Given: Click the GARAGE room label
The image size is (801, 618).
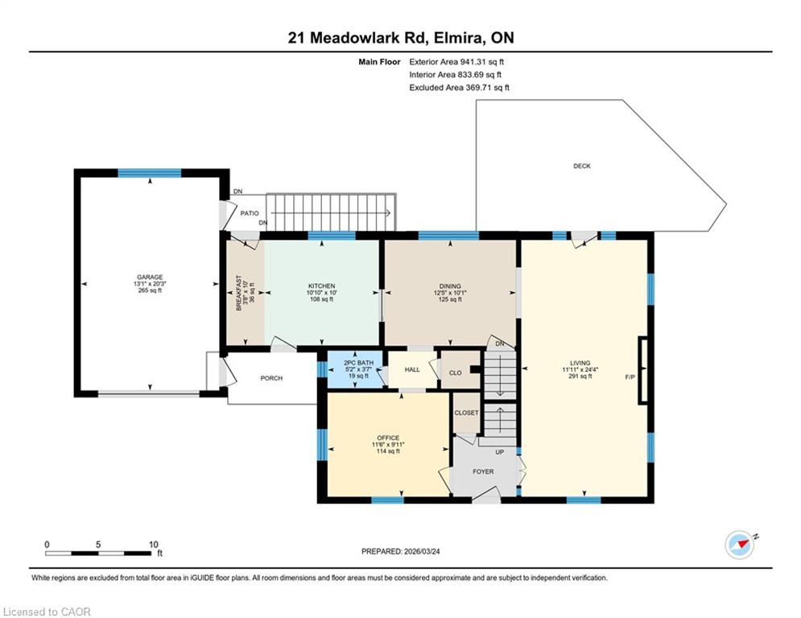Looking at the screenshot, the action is [x=150, y=278].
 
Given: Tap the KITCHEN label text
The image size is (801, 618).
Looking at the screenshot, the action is [x=321, y=286].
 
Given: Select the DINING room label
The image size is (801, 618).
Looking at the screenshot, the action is [x=450, y=286].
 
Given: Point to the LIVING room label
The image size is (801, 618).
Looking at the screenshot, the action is [x=580, y=363].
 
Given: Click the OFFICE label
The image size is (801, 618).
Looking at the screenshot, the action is [x=388, y=438].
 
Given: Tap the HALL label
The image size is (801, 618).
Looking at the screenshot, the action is [x=412, y=370].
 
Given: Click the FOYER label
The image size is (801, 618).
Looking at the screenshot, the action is [x=483, y=472].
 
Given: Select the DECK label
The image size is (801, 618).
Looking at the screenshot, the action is [x=582, y=166].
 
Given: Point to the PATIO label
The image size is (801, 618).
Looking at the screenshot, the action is [x=250, y=213].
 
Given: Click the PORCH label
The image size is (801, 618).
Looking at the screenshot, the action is [x=271, y=378].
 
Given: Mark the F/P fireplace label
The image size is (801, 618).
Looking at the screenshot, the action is [x=630, y=377].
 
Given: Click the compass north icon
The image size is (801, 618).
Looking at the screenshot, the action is [x=740, y=545].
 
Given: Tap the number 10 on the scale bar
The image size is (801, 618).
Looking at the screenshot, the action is [x=153, y=545].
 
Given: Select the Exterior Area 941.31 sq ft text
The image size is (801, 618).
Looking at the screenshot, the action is [x=456, y=62].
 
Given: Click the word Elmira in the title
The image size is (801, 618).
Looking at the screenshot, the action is [x=459, y=38].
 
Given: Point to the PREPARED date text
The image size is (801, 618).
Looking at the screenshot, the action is [x=401, y=551].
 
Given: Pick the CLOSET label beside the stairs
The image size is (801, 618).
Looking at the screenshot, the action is [x=466, y=413].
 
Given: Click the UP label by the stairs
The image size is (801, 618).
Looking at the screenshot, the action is [x=500, y=452].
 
